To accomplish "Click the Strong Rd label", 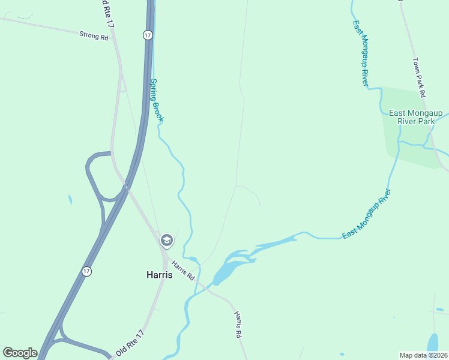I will click(x=93, y=36).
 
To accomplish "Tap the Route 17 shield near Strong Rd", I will click(x=148, y=35).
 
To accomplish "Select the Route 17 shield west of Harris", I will click(x=87, y=271).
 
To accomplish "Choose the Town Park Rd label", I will click(x=419, y=77).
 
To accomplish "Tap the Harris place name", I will click(x=159, y=275).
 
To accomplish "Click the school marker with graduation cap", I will click(x=166, y=241).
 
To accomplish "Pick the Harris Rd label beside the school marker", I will click(x=182, y=270).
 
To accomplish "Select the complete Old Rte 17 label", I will click(x=130, y=343).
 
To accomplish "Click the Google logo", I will click(x=20, y=353).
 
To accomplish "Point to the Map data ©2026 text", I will click(x=423, y=355).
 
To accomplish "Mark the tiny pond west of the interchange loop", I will click(x=70, y=199).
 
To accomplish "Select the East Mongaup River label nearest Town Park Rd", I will click(x=360, y=53).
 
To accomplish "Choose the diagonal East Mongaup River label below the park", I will click(x=366, y=214).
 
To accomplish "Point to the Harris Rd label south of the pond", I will click(x=238, y=324).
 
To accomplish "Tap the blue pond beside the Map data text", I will click(x=432, y=343).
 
